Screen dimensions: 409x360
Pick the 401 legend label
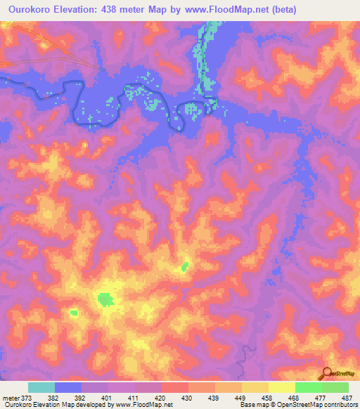click(106, 398)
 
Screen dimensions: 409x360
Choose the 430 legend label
click(186, 398)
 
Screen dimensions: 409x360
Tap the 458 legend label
click(266, 398)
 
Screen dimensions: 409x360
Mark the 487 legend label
click(347, 398)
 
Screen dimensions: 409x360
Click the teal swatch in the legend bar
click(41, 387)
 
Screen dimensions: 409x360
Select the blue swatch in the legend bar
click(68, 387)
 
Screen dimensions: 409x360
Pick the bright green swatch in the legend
click(309, 387)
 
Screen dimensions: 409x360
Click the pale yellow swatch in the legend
click(282, 387)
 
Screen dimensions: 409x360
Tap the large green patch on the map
click(105, 300)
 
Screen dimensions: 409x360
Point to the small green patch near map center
click(186, 266)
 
